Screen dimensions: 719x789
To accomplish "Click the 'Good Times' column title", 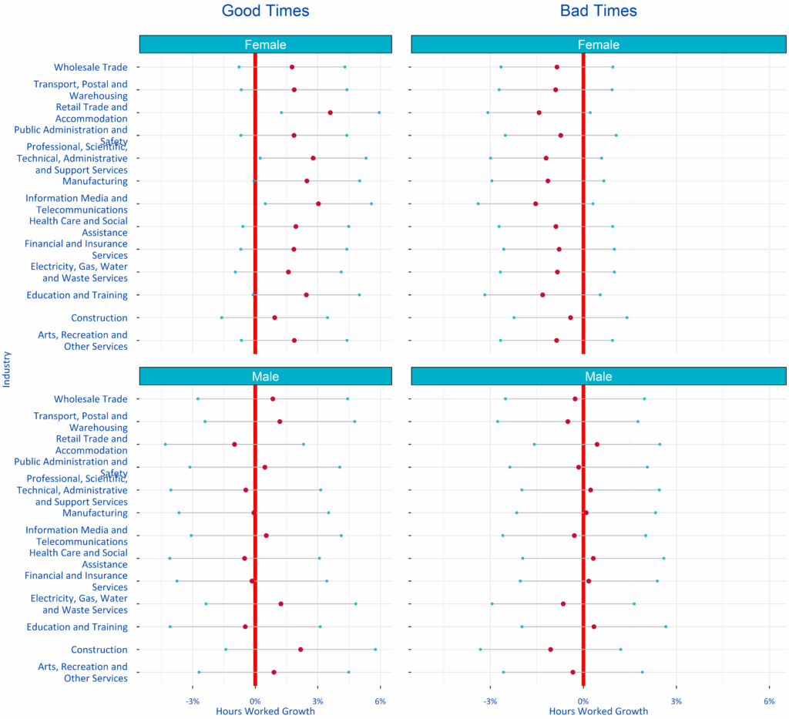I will point(265,11).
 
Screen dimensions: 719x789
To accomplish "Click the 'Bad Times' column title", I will point(598,11).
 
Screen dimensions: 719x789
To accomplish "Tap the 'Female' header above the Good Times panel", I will point(265,45).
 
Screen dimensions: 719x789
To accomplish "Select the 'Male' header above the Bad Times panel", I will point(598,376).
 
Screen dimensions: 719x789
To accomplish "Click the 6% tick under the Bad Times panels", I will point(769,701).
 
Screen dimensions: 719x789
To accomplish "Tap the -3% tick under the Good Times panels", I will point(193,701).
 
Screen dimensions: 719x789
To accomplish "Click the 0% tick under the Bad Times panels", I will point(583,701).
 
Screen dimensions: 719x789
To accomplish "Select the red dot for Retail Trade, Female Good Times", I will point(331,113).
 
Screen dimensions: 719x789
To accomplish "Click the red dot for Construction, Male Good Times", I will point(300,650).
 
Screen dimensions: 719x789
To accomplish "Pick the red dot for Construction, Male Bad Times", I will point(550,650).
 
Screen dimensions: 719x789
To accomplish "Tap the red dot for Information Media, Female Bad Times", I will point(536,203).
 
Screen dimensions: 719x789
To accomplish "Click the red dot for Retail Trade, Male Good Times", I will point(234,445).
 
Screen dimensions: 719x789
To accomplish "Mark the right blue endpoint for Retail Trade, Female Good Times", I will point(379,113).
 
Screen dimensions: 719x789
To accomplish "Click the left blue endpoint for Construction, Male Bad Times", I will point(481,650).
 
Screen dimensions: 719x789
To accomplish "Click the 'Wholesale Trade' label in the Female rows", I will point(90,67).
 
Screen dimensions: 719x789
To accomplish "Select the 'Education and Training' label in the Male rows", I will point(77,627).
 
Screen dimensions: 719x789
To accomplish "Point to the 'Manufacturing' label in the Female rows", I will point(95,181).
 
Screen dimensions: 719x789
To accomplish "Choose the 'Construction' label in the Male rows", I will point(99,650).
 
